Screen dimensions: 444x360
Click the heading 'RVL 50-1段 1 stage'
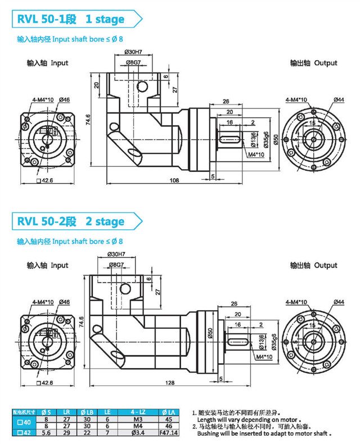pyautogui.click(x=70, y=19)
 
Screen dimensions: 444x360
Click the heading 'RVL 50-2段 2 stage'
pyautogui.click(x=70, y=221)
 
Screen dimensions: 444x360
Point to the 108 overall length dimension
pyautogui.click(x=174, y=180)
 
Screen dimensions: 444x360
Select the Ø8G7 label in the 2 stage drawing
pyautogui.click(x=116, y=264)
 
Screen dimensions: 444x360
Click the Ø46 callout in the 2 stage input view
pyautogui.click(x=64, y=302)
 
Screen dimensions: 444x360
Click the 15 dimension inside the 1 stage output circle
pyautogui.click(x=311, y=123)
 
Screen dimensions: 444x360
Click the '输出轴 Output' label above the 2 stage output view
pyautogui.click(x=313, y=265)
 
